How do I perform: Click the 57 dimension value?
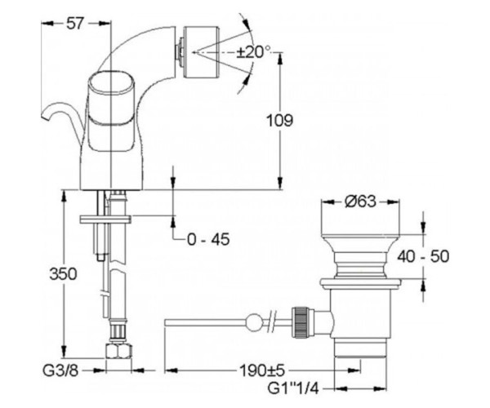[75, 24]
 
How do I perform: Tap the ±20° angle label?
[253, 52]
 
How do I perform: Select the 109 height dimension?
[279, 121]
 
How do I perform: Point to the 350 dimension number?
[63, 274]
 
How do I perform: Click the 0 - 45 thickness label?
[208, 239]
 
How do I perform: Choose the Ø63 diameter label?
[360, 202]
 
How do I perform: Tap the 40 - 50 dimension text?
[423, 256]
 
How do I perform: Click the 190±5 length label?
[262, 370]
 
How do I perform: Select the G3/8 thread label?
[60, 370]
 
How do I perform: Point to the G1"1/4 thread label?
[293, 388]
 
